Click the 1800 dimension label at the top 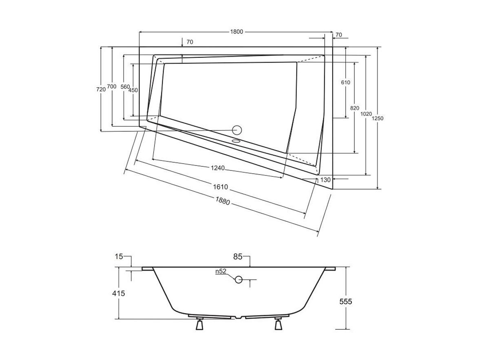[236, 32]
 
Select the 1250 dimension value [378, 119]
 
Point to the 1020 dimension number [366, 114]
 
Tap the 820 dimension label [354, 108]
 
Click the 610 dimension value [345, 82]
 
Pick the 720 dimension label [101, 89]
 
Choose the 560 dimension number [125, 87]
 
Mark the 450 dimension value [133, 91]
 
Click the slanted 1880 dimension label [223, 201]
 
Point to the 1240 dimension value [218, 168]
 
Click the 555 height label [345, 302]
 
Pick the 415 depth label [118, 293]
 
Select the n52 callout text [220, 271]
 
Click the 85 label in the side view [238, 257]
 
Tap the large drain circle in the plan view [237, 130]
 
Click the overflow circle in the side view [239, 279]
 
